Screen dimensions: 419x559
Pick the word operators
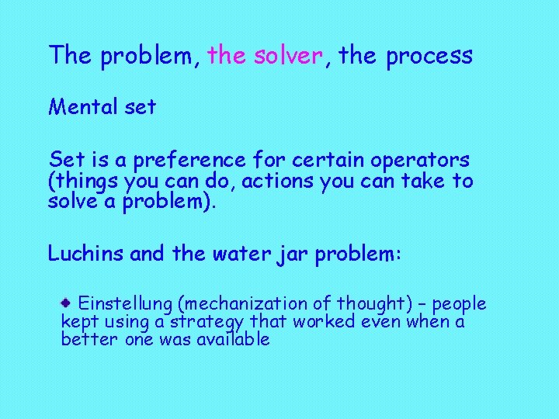point(420,161)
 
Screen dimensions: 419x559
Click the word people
point(460,303)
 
